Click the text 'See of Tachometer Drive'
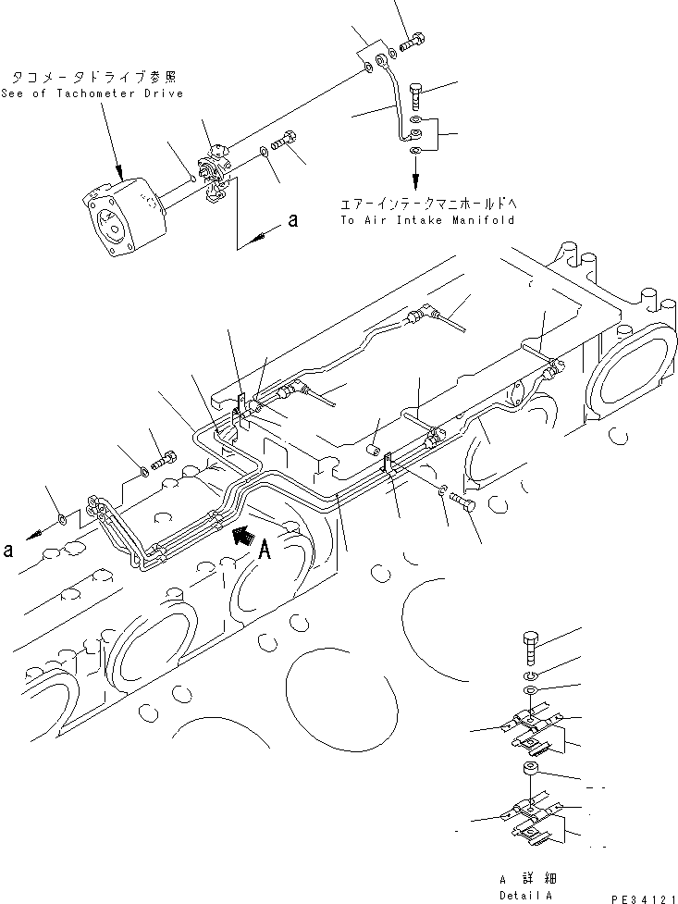pos(92,93)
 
